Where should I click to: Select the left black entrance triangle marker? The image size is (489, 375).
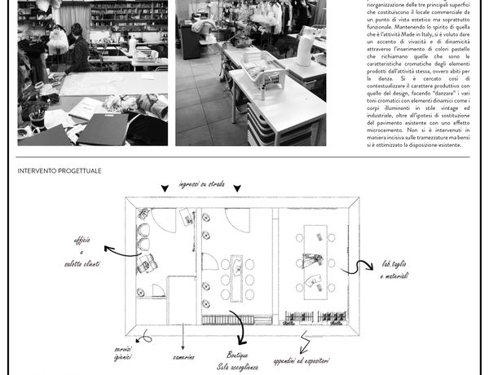click(165, 189)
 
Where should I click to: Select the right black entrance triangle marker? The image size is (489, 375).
click(237, 189)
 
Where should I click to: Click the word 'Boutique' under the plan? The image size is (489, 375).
click(240, 355)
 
